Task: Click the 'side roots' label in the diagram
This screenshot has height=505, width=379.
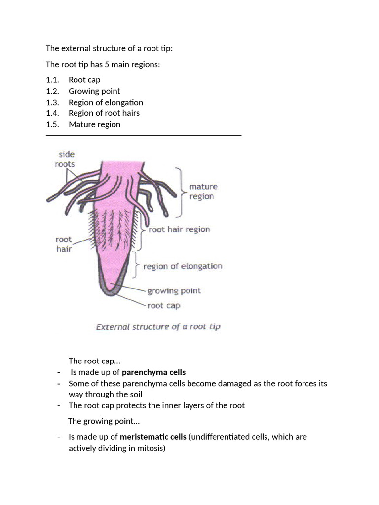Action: (65, 159)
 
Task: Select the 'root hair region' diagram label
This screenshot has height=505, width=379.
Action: (179, 229)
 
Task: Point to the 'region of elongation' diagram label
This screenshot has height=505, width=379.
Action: (183, 266)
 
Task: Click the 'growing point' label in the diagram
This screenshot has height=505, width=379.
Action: (174, 290)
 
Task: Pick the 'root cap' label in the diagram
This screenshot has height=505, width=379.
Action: (164, 305)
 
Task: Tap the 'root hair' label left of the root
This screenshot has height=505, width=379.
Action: (63, 244)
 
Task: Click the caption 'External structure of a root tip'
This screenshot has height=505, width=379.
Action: (158, 326)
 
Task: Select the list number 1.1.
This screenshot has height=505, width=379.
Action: (52, 80)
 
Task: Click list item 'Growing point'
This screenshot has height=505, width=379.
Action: (94, 91)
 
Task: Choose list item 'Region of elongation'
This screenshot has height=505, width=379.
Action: (106, 102)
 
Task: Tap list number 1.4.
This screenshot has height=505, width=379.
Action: (52, 113)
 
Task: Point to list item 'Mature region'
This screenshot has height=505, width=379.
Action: (94, 124)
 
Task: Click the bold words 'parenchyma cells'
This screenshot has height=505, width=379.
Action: (153, 372)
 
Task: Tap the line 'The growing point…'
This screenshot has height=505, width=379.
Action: (104, 421)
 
